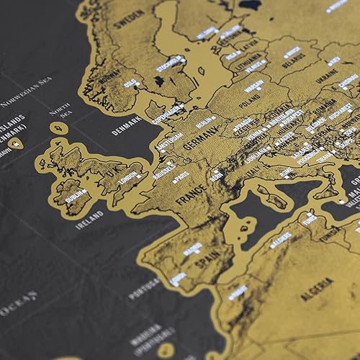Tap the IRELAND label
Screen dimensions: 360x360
(x=89, y=215)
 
